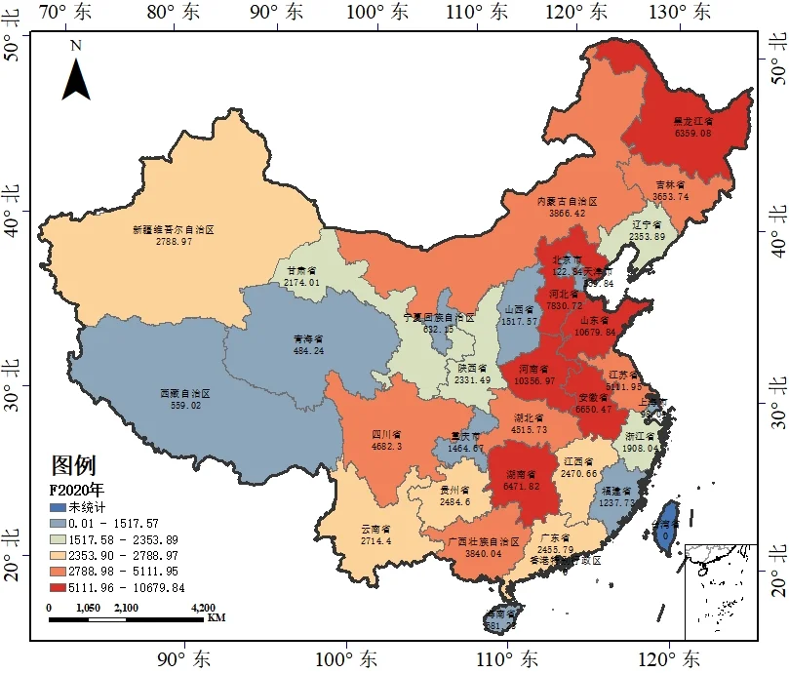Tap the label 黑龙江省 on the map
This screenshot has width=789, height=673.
point(692,123)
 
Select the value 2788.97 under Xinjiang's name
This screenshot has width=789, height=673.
point(173,240)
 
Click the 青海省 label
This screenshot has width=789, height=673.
point(307,339)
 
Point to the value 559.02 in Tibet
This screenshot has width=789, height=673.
point(185,405)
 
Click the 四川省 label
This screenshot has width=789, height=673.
point(387,435)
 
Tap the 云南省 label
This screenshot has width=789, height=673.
point(375,530)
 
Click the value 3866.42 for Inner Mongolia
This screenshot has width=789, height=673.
point(567,213)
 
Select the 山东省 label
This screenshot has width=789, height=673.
point(594,320)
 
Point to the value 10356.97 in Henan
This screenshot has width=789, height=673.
point(534,380)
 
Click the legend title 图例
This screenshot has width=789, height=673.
point(73,465)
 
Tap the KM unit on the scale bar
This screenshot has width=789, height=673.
point(217,617)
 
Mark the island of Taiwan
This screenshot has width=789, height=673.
point(666,527)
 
